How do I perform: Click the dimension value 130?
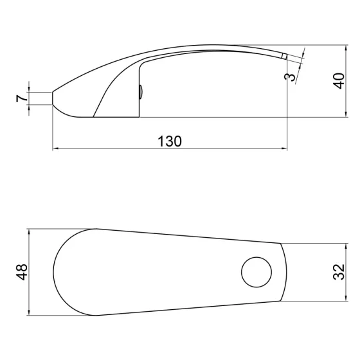[170, 141]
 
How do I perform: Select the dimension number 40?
[339, 82]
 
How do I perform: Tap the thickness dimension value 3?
[292, 77]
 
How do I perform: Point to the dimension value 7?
[21, 98]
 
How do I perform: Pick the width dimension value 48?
[21, 272]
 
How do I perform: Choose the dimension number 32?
[339, 273]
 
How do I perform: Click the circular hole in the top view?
[255, 272]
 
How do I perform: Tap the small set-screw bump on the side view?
[141, 93]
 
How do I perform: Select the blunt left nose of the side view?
[53, 98]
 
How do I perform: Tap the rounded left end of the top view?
[54, 272]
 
